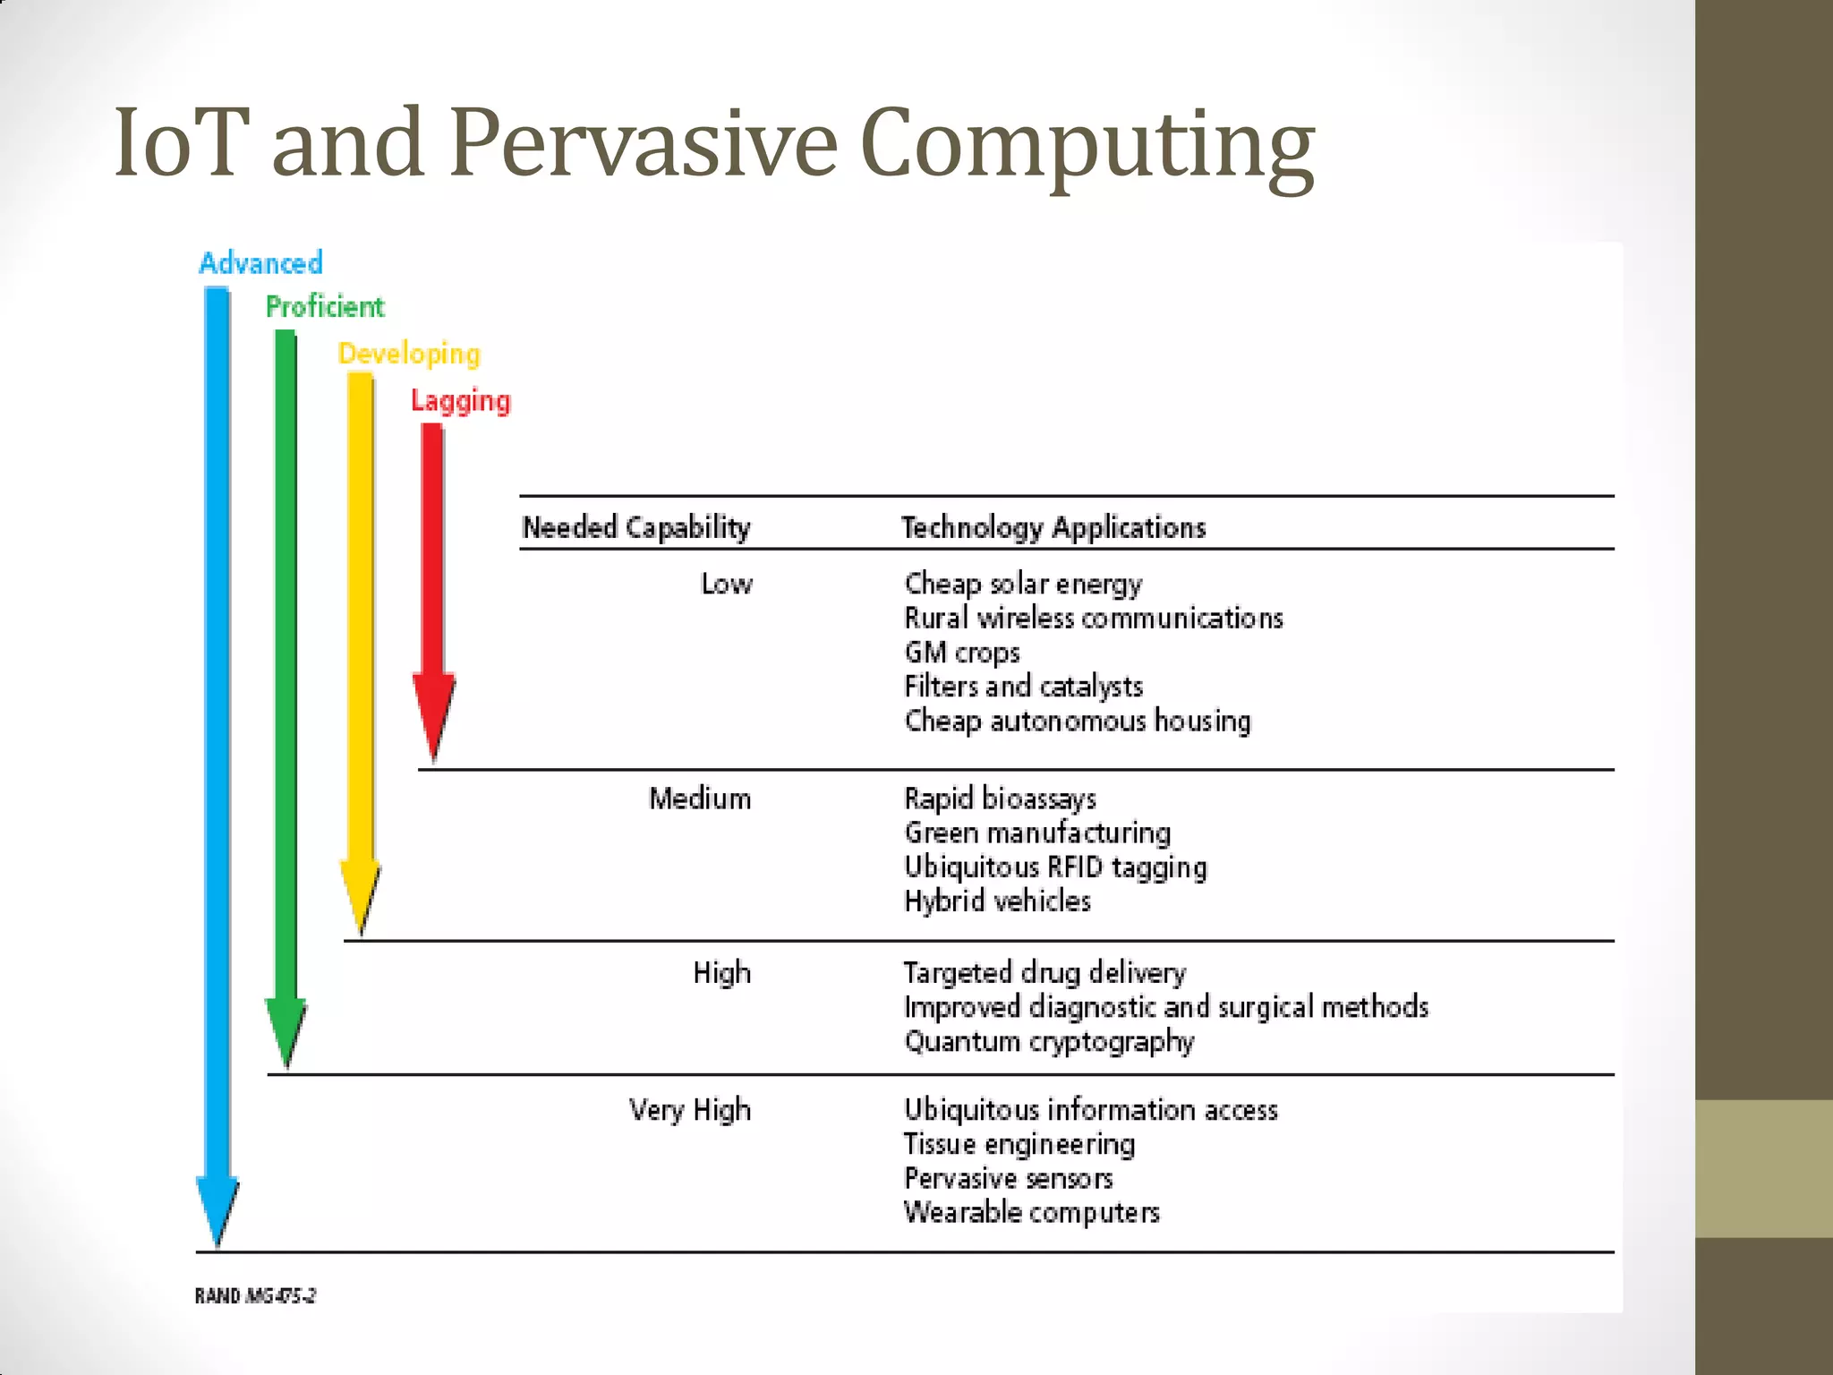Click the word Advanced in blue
[260, 263]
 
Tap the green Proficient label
[325, 307]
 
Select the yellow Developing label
[409, 354]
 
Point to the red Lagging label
[460, 400]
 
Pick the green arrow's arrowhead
[286, 1056]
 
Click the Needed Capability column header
[636, 527]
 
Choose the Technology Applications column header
[1053, 527]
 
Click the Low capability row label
[727, 584]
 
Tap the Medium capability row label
[700, 799]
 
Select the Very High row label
[690, 1110]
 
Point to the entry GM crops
[962, 653]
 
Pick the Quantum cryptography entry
[1049, 1041]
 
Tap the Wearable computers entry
[1032, 1212]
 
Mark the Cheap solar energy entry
[1023, 584]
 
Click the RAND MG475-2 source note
[256, 1295]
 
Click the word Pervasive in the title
[643, 143]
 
